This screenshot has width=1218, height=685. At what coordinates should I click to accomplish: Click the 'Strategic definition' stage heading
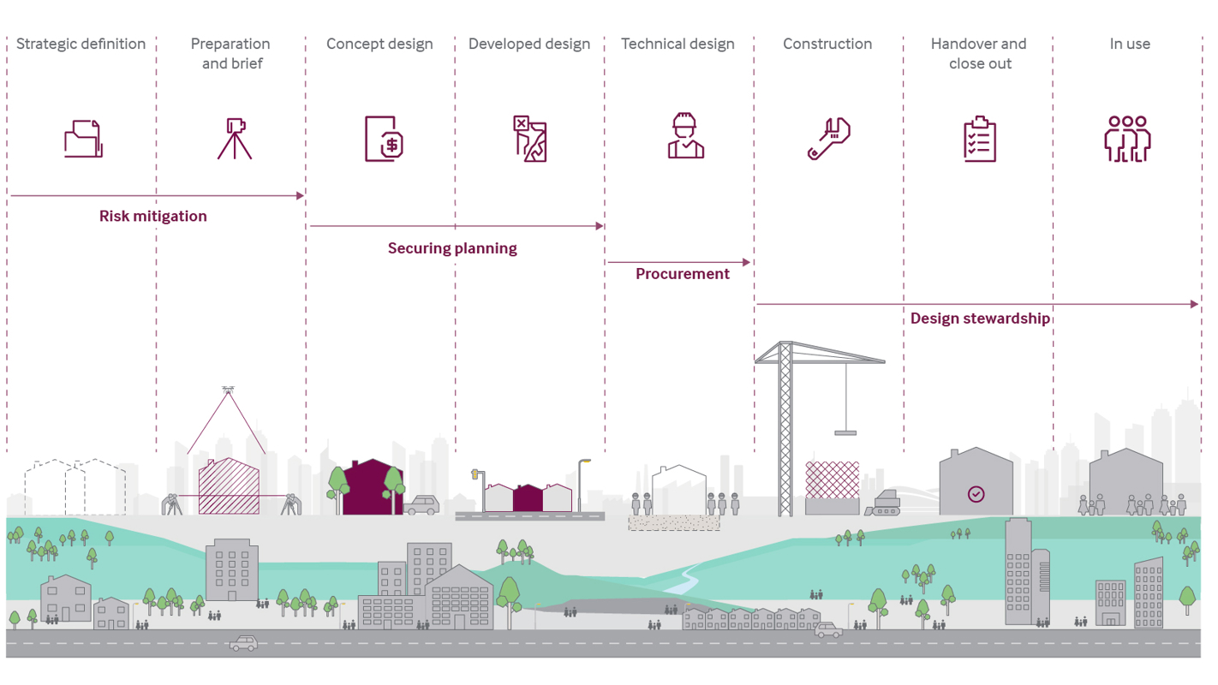point(81,44)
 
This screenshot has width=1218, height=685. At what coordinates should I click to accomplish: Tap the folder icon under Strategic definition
point(83,138)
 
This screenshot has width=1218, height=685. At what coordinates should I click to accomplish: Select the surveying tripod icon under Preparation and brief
point(234,138)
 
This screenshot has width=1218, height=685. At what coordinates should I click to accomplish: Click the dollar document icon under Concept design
point(384,138)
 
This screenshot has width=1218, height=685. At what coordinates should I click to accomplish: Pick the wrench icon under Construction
point(828,138)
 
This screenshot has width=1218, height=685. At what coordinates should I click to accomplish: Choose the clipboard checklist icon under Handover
point(979,139)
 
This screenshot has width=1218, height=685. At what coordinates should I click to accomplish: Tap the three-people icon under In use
point(1127,139)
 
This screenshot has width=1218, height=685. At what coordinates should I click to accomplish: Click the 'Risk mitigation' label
point(152,216)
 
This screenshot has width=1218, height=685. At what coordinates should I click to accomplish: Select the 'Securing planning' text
point(452,248)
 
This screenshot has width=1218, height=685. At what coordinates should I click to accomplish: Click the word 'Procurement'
point(682,274)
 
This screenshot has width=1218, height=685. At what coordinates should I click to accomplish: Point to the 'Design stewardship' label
point(980,319)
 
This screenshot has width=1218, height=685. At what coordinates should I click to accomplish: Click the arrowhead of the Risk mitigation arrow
point(300,196)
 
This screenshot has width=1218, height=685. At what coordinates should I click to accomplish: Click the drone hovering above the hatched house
point(228,390)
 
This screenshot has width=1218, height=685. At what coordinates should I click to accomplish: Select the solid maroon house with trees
point(372,488)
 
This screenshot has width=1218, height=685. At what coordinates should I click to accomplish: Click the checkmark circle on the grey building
point(976,494)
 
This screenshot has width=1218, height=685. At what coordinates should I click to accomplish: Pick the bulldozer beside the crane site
point(885,504)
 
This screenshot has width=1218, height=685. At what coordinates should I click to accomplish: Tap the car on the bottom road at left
point(244,643)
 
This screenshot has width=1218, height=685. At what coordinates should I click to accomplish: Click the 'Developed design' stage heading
point(528,44)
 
